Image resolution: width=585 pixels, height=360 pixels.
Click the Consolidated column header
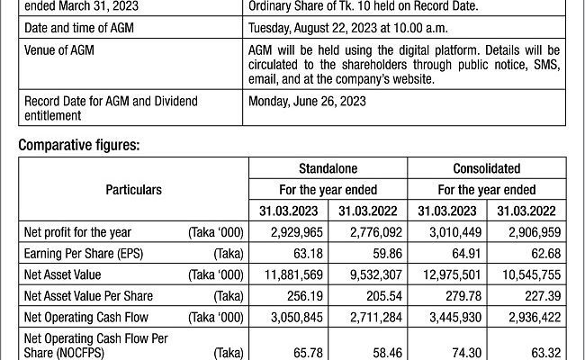point(486,168)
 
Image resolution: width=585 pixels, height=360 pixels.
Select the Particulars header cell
point(132,190)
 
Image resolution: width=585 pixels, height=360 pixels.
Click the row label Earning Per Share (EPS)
point(84,254)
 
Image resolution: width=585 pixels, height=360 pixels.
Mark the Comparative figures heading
point(80,143)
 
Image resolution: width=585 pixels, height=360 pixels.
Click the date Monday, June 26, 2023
point(307,102)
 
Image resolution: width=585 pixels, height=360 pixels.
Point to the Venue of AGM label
point(59,50)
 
